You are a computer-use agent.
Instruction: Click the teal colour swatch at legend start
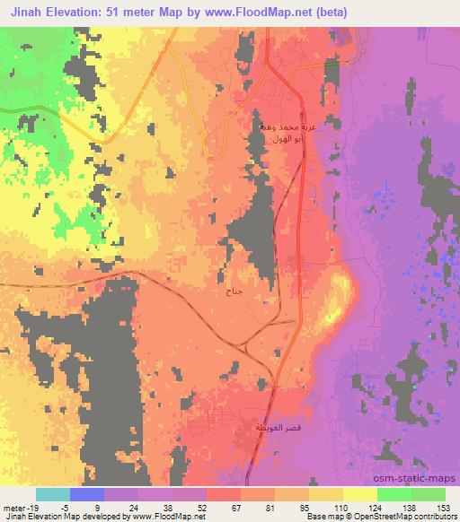[53, 494]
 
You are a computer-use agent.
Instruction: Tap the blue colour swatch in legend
[87, 494]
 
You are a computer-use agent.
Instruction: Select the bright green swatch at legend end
[428, 494]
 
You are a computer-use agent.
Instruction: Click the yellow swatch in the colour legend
[359, 494]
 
